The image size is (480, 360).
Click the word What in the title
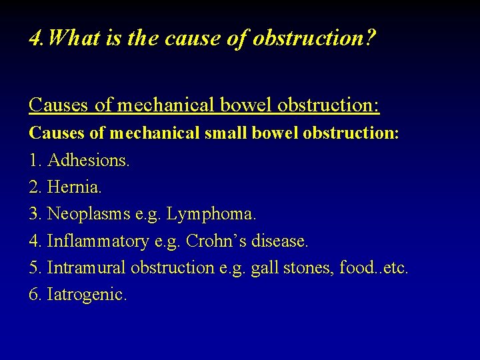(73, 38)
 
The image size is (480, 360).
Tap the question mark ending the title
(370, 38)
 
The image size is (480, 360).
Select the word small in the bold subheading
(227, 133)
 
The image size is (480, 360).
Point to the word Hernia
(75, 188)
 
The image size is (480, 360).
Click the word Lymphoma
(211, 215)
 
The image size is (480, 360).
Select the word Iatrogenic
(87, 294)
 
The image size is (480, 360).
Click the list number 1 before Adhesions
(34, 161)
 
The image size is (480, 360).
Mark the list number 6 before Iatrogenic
(34, 294)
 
